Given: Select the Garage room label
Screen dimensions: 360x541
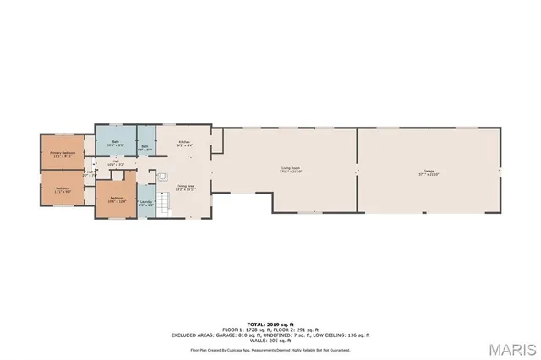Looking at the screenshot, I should pyautogui.click(x=429, y=171).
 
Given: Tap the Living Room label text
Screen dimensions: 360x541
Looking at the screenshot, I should pyautogui.click(x=291, y=168).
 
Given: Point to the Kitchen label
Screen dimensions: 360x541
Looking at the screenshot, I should pyautogui.click(x=184, y=142).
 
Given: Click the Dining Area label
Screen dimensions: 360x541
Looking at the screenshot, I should pyautogui.click(x=185, y=186).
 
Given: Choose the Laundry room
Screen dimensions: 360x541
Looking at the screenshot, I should pyautogui.click(x=146, y=202).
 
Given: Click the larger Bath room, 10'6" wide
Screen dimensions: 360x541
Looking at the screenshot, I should pyautogui.click(x=117, y=143).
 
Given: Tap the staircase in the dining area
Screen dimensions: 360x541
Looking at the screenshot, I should pyautogui.click(x=165, y=203).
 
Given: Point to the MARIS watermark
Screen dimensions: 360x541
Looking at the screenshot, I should pyautogui.click(x=511, y=347).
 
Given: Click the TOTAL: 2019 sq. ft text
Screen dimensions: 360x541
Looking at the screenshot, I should pyautogui.click(x=270, y=324).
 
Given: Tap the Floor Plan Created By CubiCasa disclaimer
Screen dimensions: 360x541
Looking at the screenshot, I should pyautogui.click(x=270, y=349).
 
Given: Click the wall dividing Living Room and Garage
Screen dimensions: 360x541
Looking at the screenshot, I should pyautogui.click(x=357, y=170).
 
